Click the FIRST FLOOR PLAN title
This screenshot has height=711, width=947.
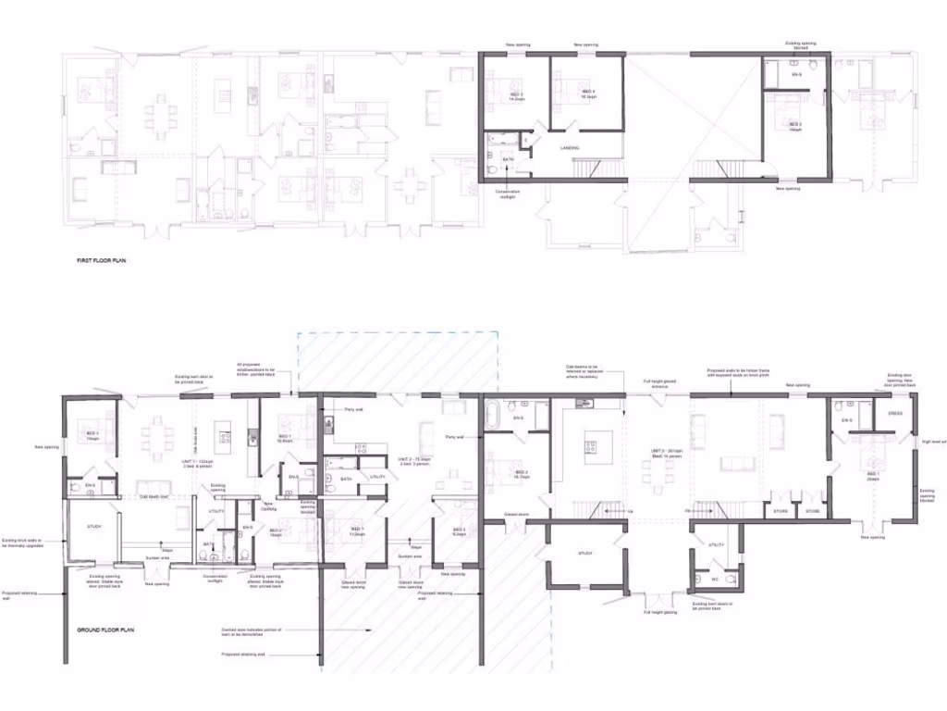point(102,261)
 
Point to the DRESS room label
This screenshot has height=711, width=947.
point(895,413)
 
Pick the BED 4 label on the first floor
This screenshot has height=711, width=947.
point(587,93)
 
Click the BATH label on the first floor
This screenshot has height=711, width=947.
point(508,159)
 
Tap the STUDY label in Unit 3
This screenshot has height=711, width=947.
point(584,553)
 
